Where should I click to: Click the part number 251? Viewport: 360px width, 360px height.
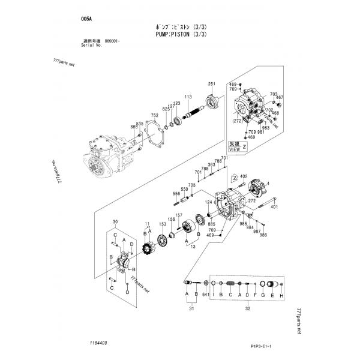pos(211,83)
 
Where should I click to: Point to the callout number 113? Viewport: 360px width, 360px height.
pos(188,97)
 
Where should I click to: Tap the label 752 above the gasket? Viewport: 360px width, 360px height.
pos(154,115)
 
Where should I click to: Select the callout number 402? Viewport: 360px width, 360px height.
pos(244,176)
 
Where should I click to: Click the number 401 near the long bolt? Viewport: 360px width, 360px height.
pos(274,207)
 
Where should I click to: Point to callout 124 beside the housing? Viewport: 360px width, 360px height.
pos(209,202)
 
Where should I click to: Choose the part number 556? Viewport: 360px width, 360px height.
pos(176,193)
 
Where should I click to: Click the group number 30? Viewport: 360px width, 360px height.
pos(115,222)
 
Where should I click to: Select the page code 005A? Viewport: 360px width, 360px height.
pos(86,19)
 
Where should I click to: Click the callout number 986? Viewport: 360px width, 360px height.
pos(263,235)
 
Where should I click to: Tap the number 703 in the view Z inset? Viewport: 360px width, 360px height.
pos(274,95)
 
